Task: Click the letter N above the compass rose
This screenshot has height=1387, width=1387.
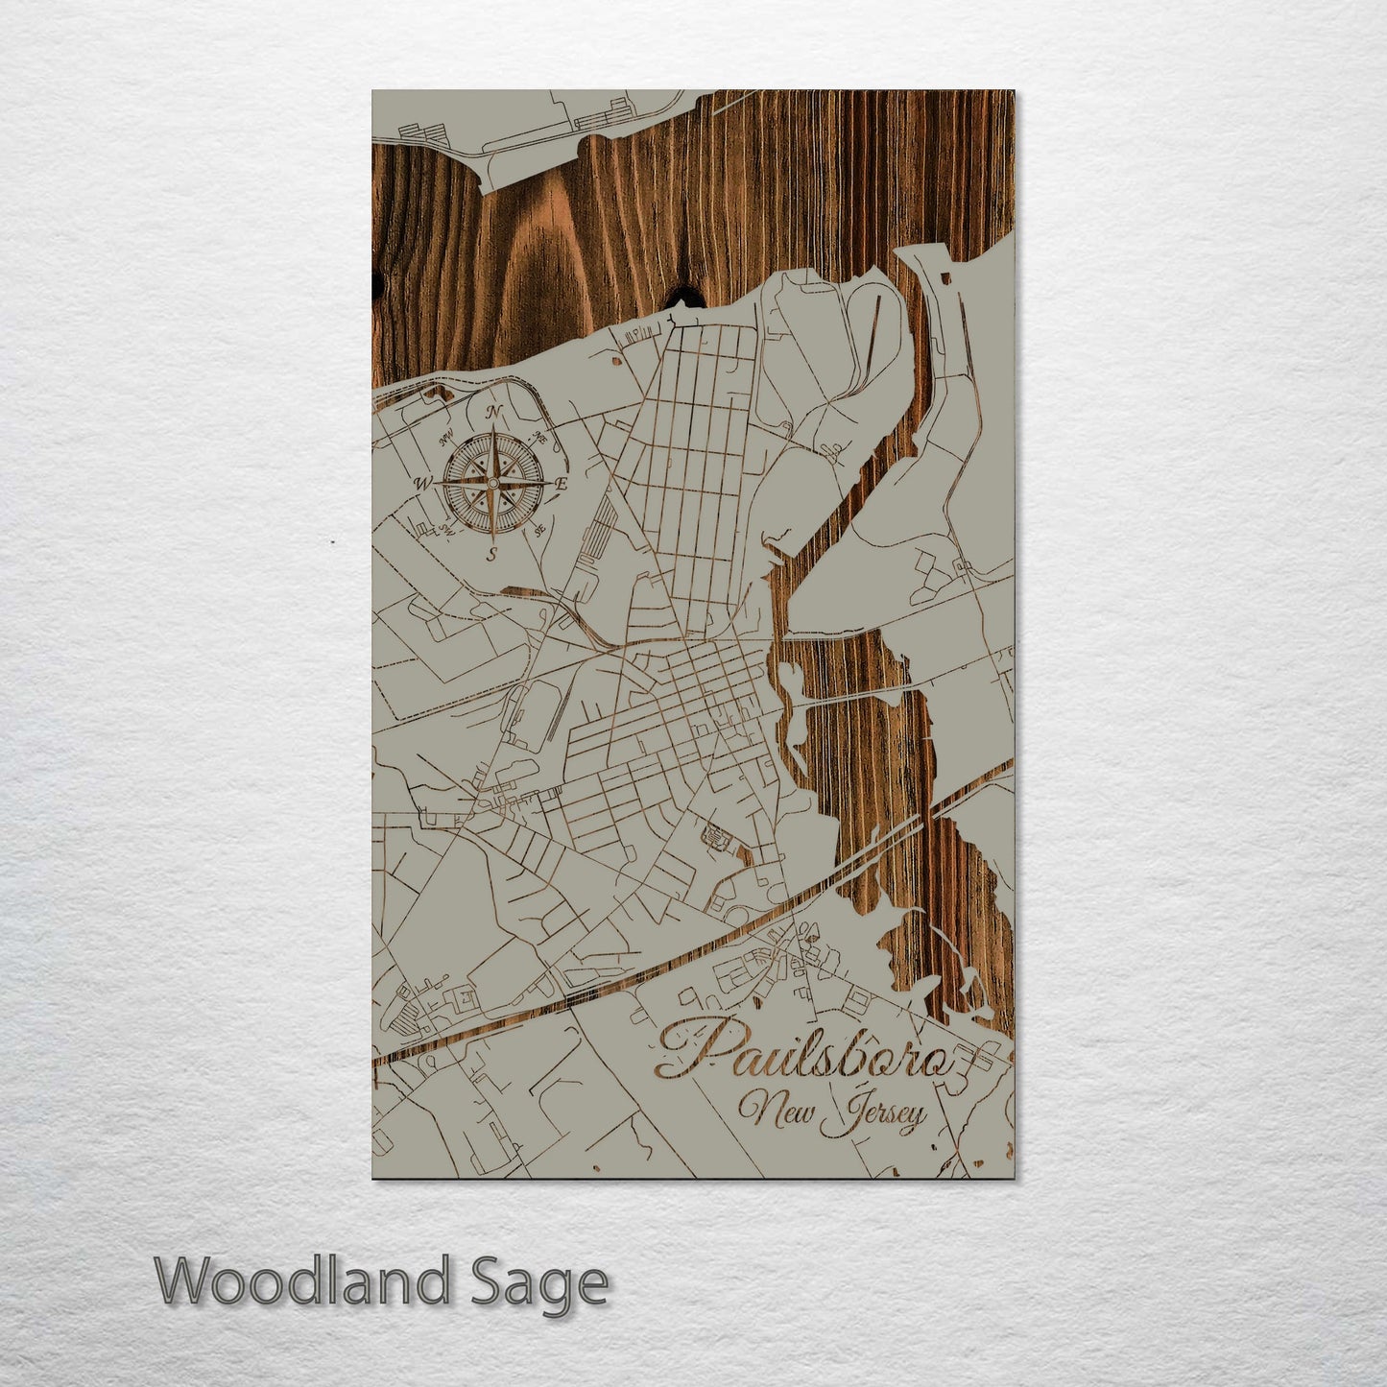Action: click(495, 413)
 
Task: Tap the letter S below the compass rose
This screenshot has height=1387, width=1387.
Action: click(491, 554)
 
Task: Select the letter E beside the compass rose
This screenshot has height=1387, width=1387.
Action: click(562, 485)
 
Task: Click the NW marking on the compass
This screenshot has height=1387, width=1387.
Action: click(445, 441)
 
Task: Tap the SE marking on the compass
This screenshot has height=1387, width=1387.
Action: click(539, 528)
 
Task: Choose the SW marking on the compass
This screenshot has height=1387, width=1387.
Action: click(443, 526)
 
